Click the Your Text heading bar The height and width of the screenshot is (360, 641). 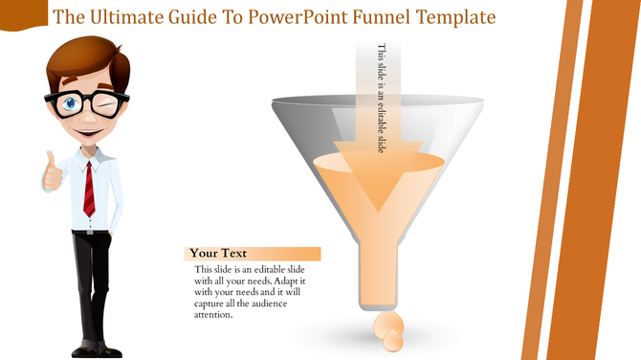point(252,254)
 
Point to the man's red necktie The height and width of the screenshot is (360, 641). point(88,189)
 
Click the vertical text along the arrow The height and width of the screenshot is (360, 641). point(383,96)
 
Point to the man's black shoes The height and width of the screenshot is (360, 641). point(93,350)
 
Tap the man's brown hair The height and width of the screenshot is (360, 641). point(91,56)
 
